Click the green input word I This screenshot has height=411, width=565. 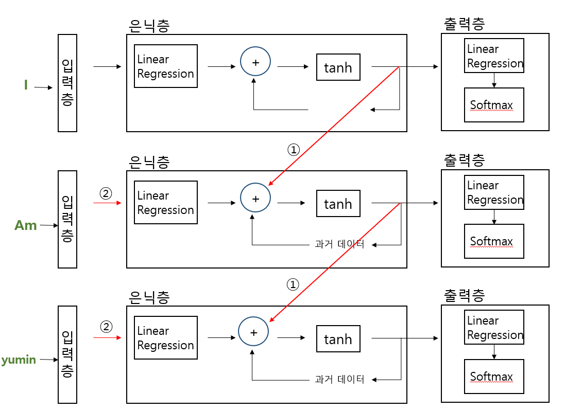coord(26,85)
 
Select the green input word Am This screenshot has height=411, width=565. coord(26,225)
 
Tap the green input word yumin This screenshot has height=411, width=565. coord(19,360)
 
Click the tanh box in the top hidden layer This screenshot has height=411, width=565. coord(338,67)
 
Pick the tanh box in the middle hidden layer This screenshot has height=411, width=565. coord(338,204)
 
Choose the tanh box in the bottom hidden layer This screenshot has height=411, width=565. coord(338,339)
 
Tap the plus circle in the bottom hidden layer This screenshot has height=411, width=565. coord(253,332)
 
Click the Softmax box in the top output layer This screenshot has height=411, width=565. coord(494,105)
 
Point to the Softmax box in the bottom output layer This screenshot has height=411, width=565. coord(494,377)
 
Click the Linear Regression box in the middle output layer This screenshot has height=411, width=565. coord(494,192)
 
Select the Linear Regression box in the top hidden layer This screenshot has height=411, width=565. coord(166,66)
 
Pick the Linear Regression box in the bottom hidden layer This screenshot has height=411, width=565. coord(166,338)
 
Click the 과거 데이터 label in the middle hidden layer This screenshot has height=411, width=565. coord(339,245)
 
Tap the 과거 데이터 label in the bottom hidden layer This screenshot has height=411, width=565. coord(339,380)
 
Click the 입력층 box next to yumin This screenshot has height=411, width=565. coord(67,354)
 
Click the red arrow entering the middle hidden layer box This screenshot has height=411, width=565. coord(107,203)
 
